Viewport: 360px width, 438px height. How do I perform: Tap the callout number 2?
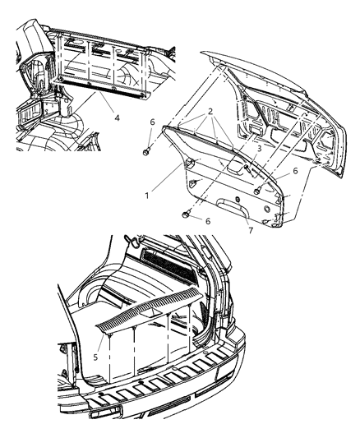(210, 111)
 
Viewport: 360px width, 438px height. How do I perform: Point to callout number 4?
(117, 118)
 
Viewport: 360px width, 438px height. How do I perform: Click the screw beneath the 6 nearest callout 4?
(145, 152)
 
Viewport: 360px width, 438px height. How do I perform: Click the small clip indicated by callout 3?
(244, 168)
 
